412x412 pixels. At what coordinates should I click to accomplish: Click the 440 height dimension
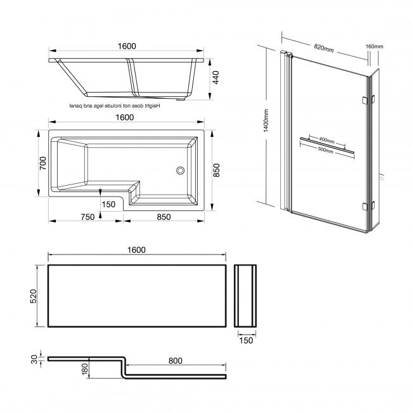216,78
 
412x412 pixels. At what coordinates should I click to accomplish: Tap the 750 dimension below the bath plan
87,217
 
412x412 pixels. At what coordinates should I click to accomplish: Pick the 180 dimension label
85,368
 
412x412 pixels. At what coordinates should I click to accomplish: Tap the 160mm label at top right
375,46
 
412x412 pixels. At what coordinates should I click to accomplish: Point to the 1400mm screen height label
266,120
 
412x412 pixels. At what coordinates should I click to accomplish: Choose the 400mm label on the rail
326,139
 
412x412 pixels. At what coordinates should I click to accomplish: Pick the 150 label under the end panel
246,340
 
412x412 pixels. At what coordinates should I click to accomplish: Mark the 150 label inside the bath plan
108,204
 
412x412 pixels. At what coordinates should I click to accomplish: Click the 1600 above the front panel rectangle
136,250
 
